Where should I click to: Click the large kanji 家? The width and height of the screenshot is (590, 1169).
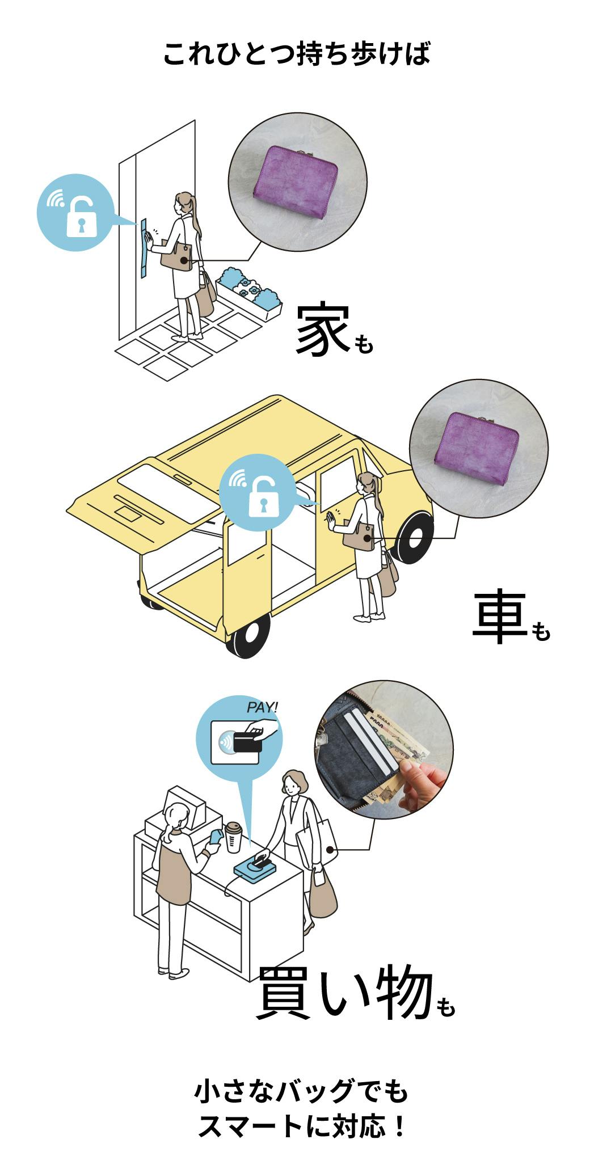point(321,332)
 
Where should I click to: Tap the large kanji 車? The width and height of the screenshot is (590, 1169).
point(499,619)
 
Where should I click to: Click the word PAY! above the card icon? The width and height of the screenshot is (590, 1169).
point(262,707)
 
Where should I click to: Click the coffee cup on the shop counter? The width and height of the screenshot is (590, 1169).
point(233,837)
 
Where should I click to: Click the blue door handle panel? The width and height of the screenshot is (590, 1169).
point(143,248)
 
